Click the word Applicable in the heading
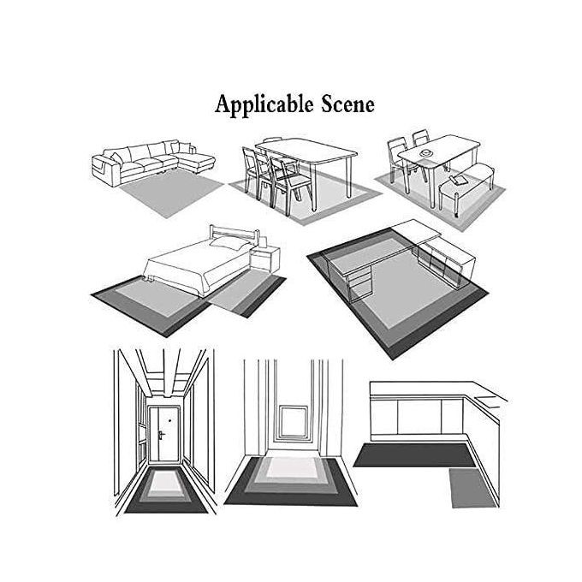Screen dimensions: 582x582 point(264,105)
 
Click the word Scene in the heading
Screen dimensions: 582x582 point(347,104)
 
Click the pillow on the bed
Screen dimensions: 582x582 point(229,243)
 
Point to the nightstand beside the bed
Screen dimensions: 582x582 point(265,258)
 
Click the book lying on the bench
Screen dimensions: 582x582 point(459,181)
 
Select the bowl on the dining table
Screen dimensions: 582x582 point(426,152)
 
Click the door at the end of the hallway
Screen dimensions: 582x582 point(163,434)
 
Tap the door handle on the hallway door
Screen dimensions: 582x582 point(161,435)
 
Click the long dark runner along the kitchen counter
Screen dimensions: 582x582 point(414,455)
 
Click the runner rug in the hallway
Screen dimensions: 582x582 point(166,490)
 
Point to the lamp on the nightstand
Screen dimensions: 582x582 point(263,242)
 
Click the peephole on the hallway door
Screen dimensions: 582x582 point(169,421)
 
